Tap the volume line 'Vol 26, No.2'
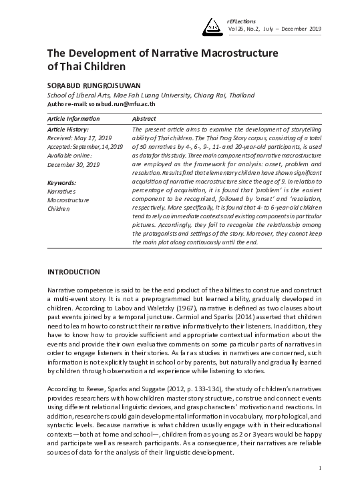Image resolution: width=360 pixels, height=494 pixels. click(x=247, y=29)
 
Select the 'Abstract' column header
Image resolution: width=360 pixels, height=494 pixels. click(x=146, y=118)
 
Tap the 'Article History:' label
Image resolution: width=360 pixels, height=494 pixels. click(x=69, y=129)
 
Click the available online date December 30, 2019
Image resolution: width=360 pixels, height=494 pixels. click(x=73, y=164)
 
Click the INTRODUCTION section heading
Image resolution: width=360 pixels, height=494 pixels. click(x=73, y=272)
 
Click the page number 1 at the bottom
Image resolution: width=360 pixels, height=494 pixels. click(x=320, y=468)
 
